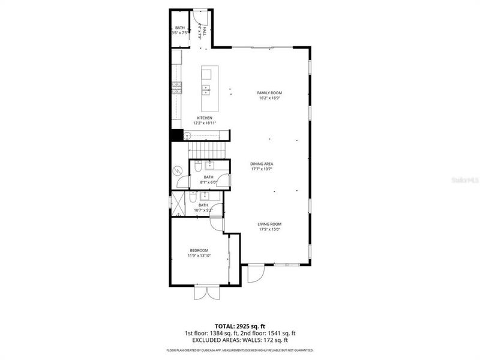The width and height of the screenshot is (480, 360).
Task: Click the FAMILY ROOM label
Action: tap(269, 92)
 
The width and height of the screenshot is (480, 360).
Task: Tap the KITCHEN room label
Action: tap(205, 118)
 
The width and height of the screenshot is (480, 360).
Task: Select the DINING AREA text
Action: tap(262, 163)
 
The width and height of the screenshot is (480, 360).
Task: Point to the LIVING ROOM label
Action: tap(269, 224)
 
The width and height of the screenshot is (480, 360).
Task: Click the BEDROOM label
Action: tap(199, 250)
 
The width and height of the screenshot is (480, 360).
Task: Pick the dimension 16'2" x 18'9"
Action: tap(269, 98)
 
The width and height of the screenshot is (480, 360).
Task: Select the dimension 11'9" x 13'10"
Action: tap(199, 256)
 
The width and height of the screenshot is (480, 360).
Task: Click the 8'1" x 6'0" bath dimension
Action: tap(208, 182)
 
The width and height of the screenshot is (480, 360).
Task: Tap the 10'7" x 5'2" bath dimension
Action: tap(204, 210)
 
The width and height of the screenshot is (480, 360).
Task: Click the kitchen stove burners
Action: tap(176, 89)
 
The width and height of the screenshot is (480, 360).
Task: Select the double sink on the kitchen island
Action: tap(206, 90)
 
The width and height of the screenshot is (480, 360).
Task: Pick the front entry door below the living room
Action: tap(255, 274)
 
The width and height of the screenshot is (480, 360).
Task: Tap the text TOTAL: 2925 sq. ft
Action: tap(240, 325)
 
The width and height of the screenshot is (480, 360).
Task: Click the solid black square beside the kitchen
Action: tap(176, 135)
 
